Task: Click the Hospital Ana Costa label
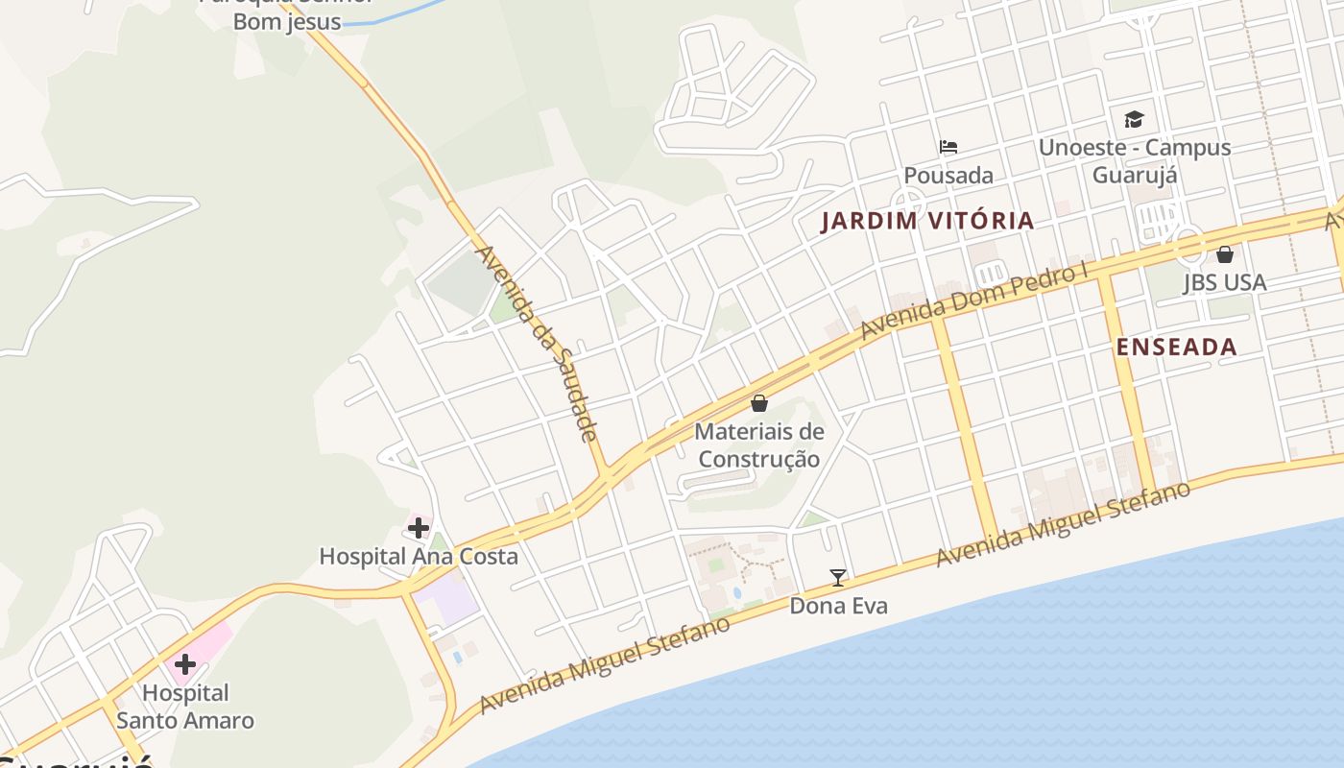click(x=418, y=556)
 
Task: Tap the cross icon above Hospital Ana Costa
click(x=419, y=527)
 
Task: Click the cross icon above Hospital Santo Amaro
click(x=184, y=663)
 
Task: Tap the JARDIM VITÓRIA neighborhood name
click(x=927, y=221)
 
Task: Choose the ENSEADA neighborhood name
click(x=1176, y=347)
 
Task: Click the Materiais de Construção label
click(x=758, y=445)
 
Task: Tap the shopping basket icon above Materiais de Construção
click(x=759, y=403)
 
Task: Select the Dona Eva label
click(x=838, y=606)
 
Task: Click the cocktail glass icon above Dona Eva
click(x=838, y=577)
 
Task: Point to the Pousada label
click(x=948, y=176)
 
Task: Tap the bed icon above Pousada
click(x=948, y=147)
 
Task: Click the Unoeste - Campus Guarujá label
click(x=1135, y=161)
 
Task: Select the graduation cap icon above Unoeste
click(x=1135, y=119)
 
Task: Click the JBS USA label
click(x=1224, y=282)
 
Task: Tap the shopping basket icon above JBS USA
click(x=1224, y=254)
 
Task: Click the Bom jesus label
click(x=287, y=21)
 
